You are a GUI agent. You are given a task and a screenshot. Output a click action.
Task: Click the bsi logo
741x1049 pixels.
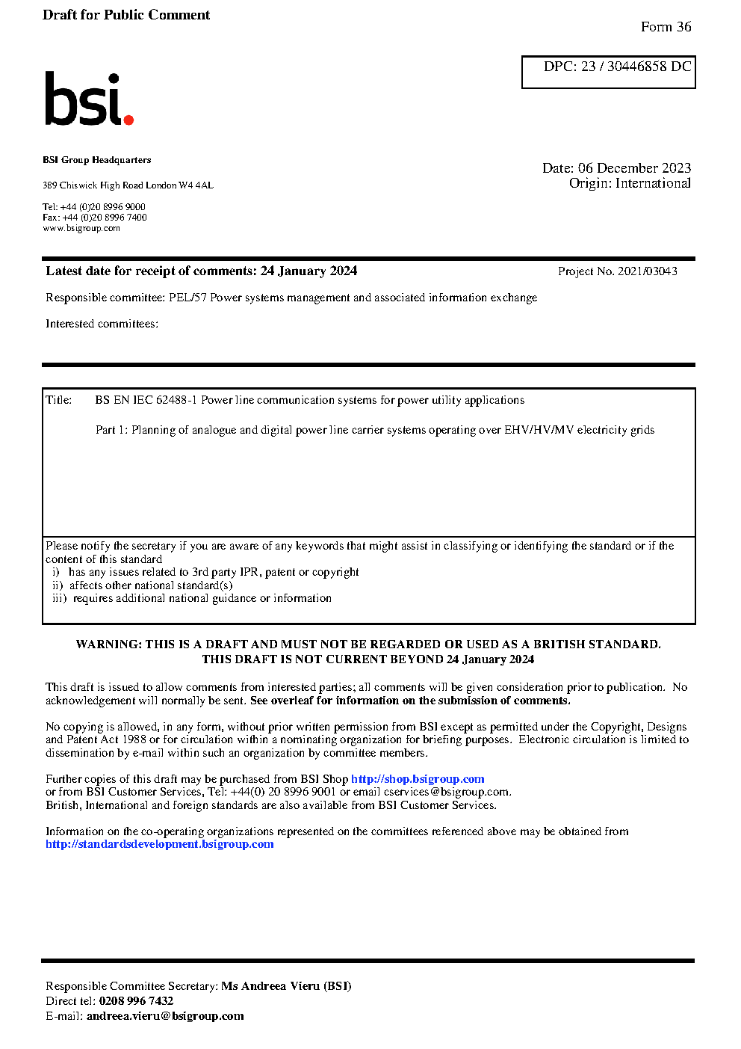point(88,99)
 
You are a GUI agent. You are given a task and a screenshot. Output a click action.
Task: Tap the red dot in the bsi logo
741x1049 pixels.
point(128,119)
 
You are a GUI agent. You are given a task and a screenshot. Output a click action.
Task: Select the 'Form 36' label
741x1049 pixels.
point(666,27)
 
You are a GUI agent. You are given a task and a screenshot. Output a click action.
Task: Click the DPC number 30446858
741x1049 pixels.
point(636,67)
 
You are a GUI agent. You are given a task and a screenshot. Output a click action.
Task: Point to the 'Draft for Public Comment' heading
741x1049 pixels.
point(126,15)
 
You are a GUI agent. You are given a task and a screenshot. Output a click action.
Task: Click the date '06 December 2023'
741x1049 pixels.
point(634,168)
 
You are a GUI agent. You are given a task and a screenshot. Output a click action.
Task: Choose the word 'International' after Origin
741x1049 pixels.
point(653,183)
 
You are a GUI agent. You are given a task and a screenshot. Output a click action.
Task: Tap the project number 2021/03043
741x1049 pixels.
point(648,271)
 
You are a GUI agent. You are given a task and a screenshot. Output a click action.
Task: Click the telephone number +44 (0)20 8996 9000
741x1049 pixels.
point(103,207)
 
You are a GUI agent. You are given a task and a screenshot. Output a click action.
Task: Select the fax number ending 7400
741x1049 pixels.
point(105,218)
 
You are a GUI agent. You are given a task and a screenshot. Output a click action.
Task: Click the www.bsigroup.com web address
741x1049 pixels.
point(81,228)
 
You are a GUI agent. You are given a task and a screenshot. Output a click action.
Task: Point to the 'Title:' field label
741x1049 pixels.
point(59,400)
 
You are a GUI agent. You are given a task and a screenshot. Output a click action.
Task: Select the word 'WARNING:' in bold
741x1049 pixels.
point(109,645)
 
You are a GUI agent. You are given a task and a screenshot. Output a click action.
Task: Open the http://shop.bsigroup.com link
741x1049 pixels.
point(418,779)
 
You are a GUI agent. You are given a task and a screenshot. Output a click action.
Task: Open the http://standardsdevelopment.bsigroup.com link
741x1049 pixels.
point(159,844)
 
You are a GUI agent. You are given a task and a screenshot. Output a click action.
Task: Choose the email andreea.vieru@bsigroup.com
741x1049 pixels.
point(165,1016)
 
